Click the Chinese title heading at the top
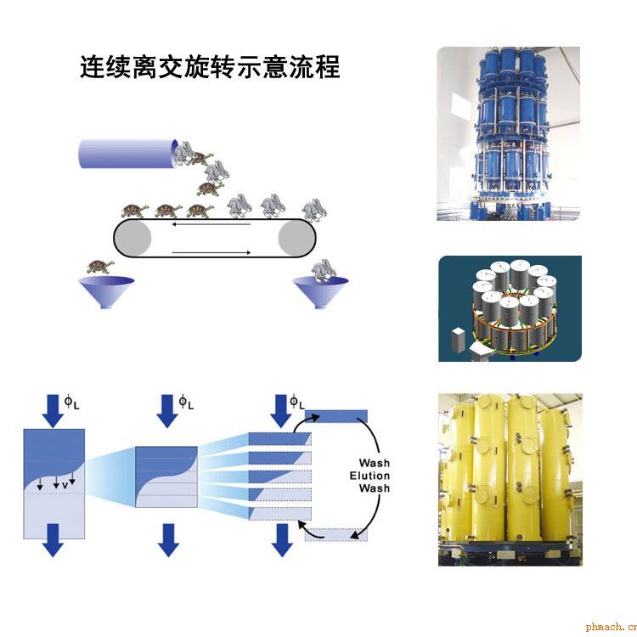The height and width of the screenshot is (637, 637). [x=210, y=67]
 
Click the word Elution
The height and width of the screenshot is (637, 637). [x=369, y=476]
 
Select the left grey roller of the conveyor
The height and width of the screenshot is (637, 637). [x=132, y=238]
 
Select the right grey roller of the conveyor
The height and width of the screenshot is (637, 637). [x=297, y=238]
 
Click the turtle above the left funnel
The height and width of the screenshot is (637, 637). [x=100, y=267]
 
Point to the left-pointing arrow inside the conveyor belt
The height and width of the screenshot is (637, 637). [x=211, y=224]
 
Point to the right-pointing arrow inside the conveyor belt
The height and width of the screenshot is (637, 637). [x=211, y=253]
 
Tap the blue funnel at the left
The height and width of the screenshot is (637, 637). [x=106, y=292]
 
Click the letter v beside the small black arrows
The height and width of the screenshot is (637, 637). [x=65, y=486]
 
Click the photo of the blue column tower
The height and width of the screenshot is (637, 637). [x=508, y=133]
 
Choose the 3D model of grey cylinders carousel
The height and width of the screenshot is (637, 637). [x=510, y=309]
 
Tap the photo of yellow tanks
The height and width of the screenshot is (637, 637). [x=510, y=479]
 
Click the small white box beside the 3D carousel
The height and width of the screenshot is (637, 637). [x=458, y=340]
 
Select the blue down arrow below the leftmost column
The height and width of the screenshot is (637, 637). [x=53, y=540]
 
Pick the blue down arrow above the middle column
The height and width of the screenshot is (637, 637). [x=168, y=411]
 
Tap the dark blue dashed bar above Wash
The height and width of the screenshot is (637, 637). [x=336, y=416]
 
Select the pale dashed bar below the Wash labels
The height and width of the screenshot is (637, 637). [x=336, y=534]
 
